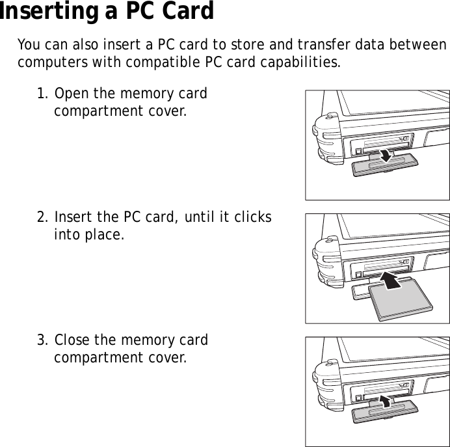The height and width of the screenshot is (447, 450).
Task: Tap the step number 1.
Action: (x=42, y=94)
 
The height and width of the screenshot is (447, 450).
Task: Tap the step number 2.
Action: (x=42, y=217)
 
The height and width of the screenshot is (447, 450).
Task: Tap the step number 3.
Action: (x=42, y=340)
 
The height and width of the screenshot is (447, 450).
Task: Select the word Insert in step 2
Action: (x=74, y=217)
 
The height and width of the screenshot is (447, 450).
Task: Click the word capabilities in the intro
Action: (x=303, y=63)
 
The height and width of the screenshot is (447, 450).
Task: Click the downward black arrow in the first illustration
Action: (x=385, y=155)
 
